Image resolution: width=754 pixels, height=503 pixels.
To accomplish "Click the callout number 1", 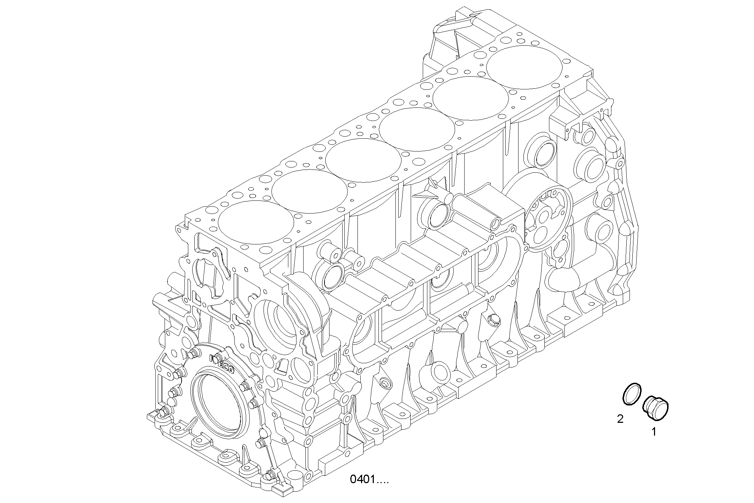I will click(653, 432).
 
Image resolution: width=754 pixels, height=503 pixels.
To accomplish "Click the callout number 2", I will click(620, 419).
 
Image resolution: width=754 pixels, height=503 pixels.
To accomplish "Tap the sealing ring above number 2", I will click(632, 393).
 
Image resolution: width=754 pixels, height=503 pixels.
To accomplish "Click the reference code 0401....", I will click(369, 480).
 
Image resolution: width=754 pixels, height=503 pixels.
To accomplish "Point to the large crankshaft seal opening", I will click(217, 408).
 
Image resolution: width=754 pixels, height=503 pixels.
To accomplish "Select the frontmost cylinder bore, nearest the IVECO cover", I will click(256, 222).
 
